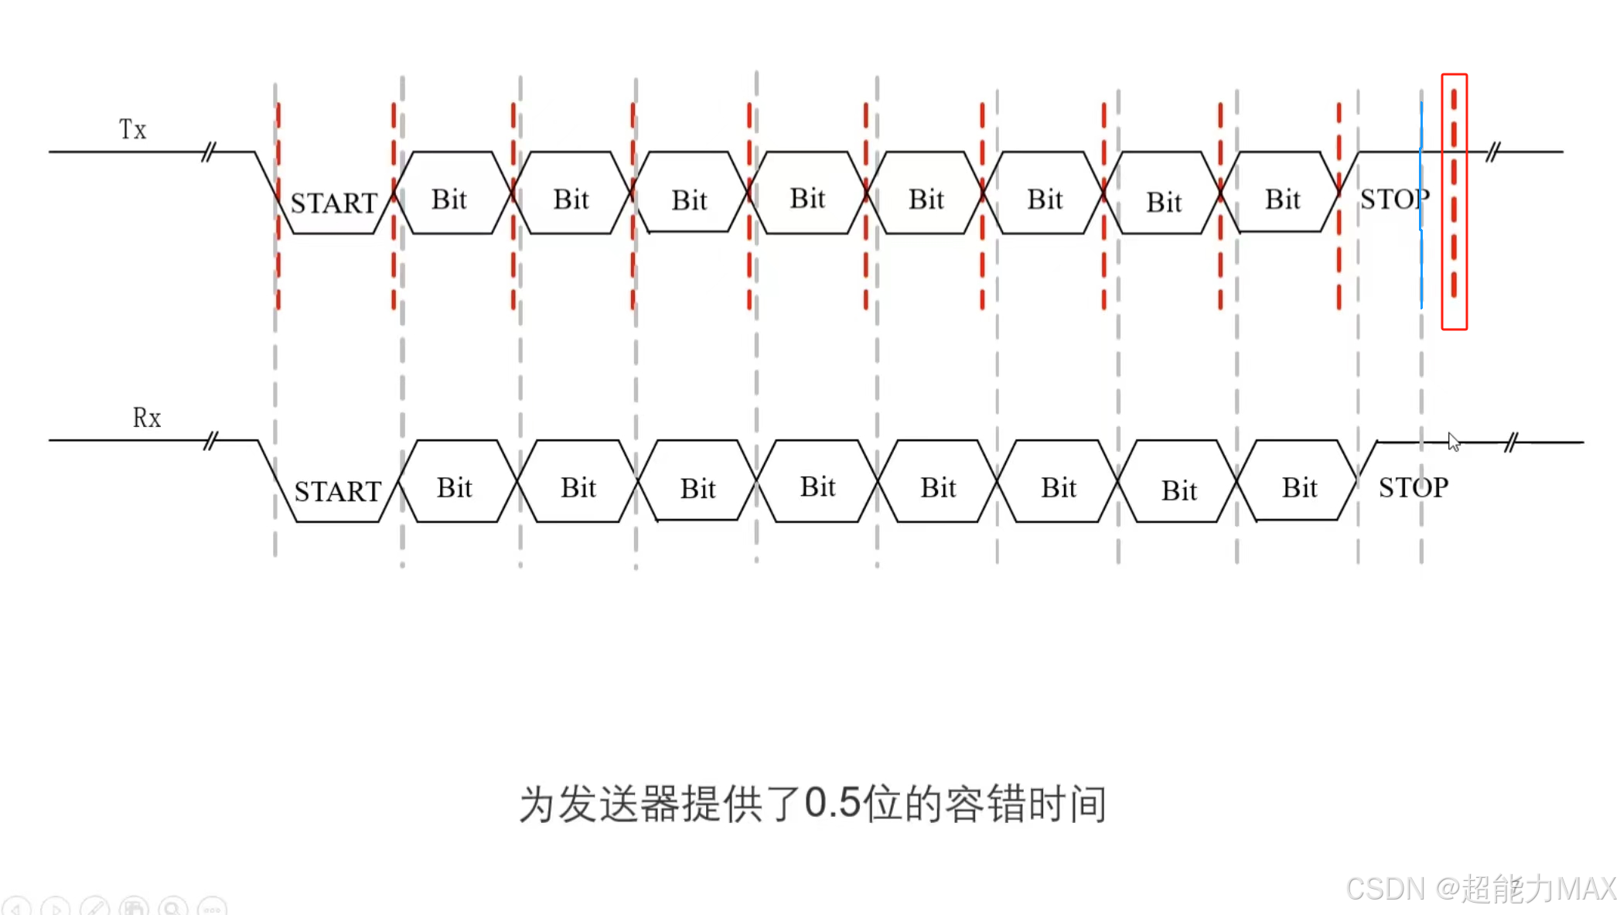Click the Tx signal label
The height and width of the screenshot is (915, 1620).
[x=132, y=129]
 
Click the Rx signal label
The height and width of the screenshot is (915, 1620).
[x=146, y=418]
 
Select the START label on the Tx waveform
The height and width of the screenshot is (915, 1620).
[x=333, y=203]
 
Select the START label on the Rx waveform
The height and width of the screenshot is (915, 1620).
[x=338, y=491]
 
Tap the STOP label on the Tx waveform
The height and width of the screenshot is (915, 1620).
[x=1394, y=200]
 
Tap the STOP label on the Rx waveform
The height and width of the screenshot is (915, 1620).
[x=1414, y=487]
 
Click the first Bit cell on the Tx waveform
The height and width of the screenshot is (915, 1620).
[x=449, y=199]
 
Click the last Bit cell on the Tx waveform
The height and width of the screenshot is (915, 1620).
[x=1282, y=199]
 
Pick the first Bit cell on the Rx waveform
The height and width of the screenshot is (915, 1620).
[x=455, y=487]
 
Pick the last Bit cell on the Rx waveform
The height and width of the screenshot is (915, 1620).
[x=1299, y=487]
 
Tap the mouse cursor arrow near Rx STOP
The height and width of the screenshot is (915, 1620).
[x=1453, y=442]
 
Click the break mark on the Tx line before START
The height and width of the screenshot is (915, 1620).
[x=208, y=152]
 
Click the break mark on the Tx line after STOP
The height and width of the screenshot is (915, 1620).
[x=1492, y=152]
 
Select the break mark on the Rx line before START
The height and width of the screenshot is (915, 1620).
[x=210, y=441]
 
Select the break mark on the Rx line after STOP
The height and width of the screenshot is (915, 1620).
[x=1512, y=442]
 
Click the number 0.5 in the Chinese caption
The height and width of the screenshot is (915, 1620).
[x=832, y=803]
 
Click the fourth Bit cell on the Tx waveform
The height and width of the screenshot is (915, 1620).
[x=807, y=198]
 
